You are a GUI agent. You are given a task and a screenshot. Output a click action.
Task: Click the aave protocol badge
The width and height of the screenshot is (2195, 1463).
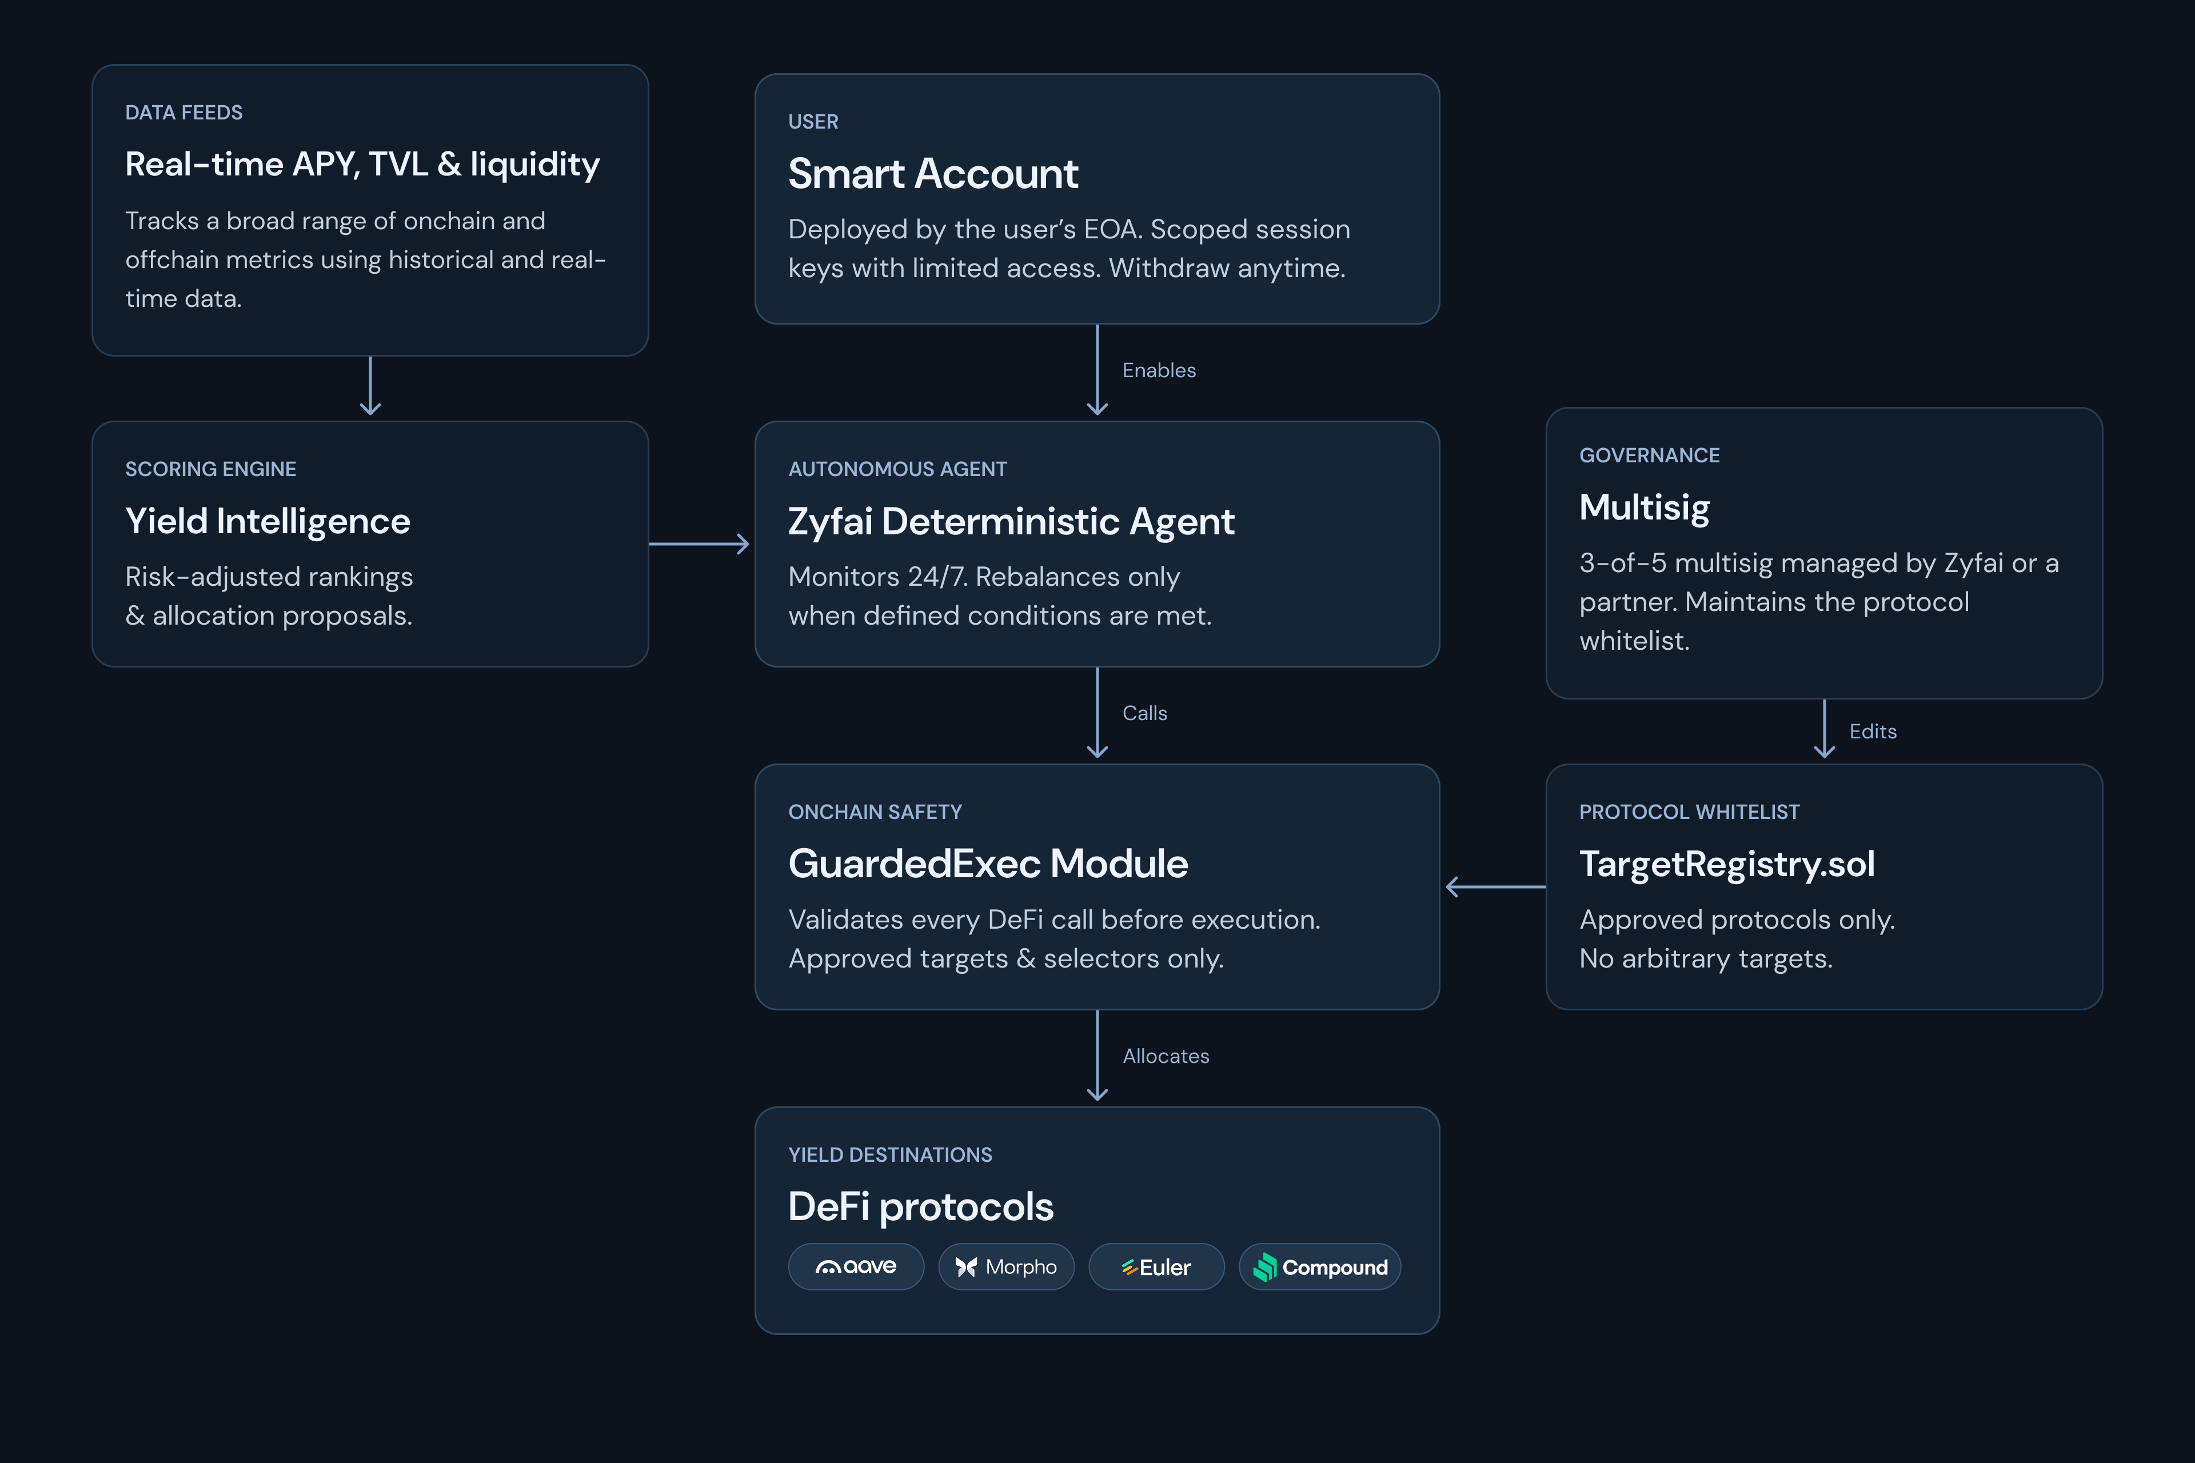pyautogui.click(x=856, y=1266)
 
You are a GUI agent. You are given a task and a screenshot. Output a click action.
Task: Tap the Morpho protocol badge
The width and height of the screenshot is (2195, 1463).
pyautogui.click(x=1006, y=1266)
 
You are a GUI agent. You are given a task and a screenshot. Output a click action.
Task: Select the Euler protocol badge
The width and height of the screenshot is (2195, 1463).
pyautogui.click(x=1156, y=1266)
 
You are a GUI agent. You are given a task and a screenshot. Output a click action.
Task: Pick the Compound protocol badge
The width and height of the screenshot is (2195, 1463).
pyautogui.click(x=1320, y=1266)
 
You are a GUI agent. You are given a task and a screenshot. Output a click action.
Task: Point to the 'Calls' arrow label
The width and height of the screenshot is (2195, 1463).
pyautogui.click(x=1145, y=713)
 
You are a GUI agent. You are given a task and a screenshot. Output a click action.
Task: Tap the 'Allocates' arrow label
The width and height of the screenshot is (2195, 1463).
pyautogui.click(x=1166, y=1056)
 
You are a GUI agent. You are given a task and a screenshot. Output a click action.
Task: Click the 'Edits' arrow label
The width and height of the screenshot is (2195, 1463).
pyautogui.click(x=1873, y=731)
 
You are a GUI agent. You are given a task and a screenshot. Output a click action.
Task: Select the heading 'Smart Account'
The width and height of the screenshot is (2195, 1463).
pyautogui.click(x=933, y=174)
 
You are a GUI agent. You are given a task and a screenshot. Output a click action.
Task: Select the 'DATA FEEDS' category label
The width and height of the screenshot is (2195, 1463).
pyautogui.click(x=184, y=113)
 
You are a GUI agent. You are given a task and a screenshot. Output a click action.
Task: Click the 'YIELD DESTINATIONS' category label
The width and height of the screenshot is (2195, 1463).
pyautogui.click(x=891, y=1155)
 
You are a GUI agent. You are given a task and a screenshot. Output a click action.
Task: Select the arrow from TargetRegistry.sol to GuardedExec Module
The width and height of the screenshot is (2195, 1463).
pyautogui.click(x=1495, y=886)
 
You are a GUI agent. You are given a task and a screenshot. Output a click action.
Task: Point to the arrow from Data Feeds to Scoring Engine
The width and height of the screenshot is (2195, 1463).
pyautogui.click(x=370, y=385)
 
